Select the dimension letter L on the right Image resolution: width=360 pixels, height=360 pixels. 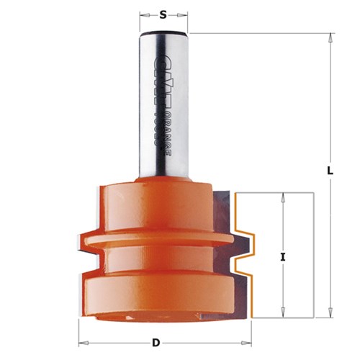[x=329, y=171]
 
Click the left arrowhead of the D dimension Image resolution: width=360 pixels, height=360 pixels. [x=81, y=342]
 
